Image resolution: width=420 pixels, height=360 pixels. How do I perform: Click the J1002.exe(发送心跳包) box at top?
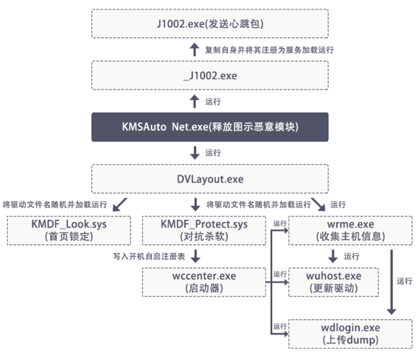coord(210,24)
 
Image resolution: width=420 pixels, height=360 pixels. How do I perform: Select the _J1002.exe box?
coord(210,76)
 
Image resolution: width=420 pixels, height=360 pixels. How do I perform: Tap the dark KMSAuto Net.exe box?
coord(210,127)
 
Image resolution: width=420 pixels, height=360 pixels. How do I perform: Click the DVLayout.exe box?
coord(210,179)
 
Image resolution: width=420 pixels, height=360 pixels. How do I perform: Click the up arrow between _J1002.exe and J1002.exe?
coord(195,50)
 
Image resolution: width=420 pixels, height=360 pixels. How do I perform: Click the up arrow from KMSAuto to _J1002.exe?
coord(195,101)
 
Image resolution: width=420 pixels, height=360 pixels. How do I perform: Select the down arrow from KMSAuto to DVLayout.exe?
coord(195,153)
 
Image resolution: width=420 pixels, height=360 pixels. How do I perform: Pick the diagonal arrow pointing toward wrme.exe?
coord(319,204)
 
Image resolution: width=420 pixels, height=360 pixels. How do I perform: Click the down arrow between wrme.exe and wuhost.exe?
coord(333,256)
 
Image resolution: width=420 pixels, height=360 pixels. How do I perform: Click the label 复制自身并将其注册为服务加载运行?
coord(269,50)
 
